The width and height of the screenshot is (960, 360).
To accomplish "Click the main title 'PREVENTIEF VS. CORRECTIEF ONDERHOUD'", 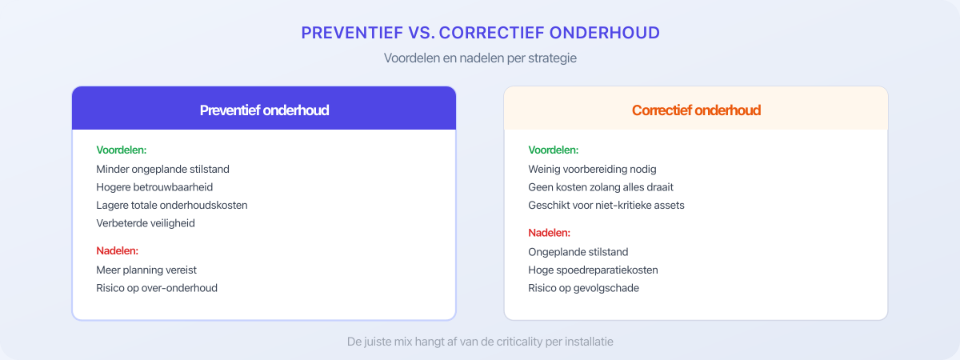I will (x=480, y=33).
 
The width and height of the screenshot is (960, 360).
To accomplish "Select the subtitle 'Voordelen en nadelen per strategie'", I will (x=480, y=58).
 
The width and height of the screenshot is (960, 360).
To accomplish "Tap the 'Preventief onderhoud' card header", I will (x=264, y=110).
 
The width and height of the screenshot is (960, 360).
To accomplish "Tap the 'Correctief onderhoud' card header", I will (x=696, y=110).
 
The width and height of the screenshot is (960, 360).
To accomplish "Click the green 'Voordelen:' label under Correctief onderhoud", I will (x=554, y=150).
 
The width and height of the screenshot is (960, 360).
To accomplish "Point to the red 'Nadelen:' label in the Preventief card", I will (x=118, y=251).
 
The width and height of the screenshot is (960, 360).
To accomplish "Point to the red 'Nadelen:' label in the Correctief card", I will (x=550, y=233).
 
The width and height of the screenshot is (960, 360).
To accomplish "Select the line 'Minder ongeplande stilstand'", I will (x=163, y=169).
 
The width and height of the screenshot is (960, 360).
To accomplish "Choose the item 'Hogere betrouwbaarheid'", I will (x=154, y=186).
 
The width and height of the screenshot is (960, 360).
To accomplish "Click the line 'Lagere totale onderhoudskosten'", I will (x=172, y=205).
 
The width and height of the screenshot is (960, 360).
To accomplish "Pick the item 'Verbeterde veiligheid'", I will (x=146, y=223).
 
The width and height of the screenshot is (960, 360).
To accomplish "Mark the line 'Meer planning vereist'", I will (x=146, y=270).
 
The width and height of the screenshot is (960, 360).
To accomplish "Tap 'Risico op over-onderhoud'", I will (x=157, y=288).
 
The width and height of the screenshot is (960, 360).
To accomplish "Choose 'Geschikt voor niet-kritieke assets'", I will (x=606, y=205).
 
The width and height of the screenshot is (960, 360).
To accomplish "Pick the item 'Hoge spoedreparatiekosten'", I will (x=593, y=270).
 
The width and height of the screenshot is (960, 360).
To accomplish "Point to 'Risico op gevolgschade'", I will (x=584, y=288).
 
